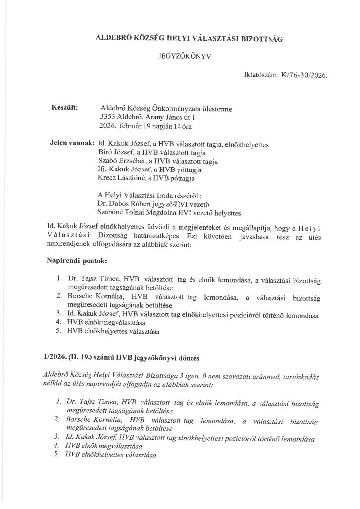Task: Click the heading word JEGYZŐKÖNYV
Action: pos(180,57)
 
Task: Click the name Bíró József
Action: pos(118,153)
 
